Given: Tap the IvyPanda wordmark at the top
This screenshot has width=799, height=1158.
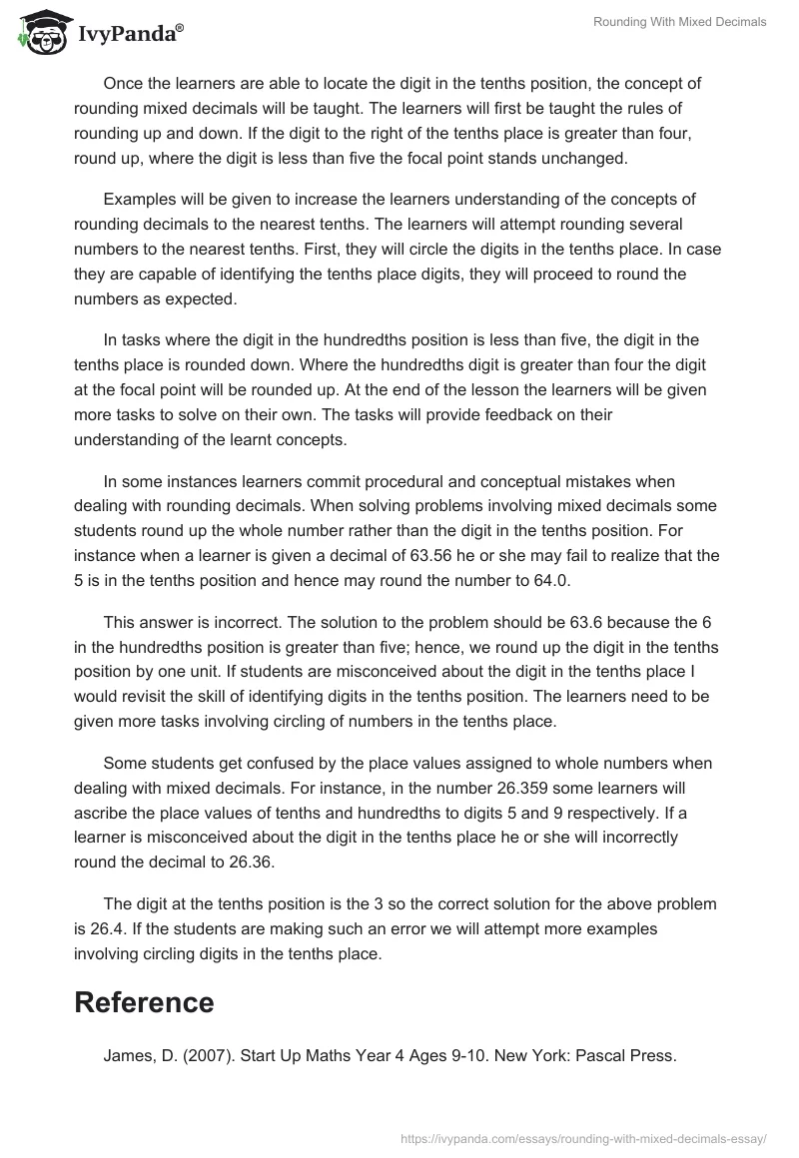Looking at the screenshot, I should [130, 33].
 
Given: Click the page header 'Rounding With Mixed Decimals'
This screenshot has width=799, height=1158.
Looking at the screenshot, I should [680, 22].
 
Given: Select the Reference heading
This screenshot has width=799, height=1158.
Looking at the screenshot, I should [144, 1002].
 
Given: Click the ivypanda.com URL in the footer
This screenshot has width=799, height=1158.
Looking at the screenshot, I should [582, 1137].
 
